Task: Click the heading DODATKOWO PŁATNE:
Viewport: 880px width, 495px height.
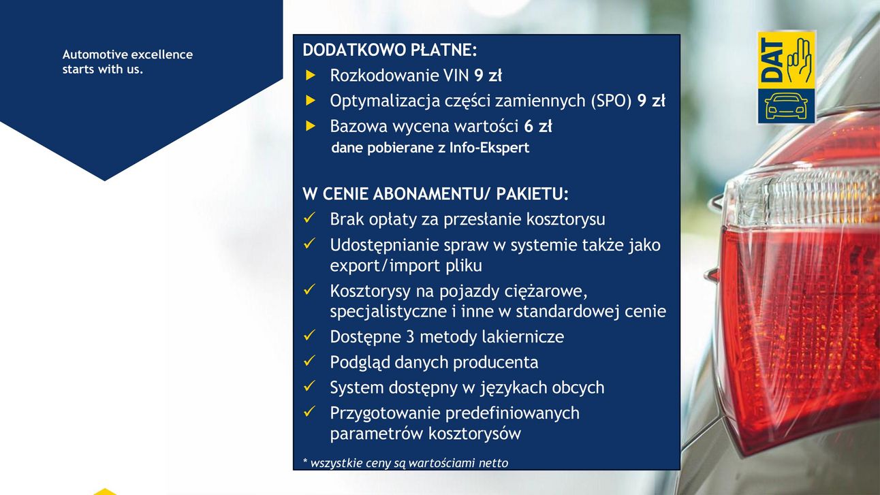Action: pyautogui.click(x=390, y=50)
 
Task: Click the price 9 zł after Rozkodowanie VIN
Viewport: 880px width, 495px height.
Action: pyautogui.click(x=488, y=76)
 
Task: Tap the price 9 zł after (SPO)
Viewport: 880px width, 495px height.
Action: pyautogui.click(x=651, y=101)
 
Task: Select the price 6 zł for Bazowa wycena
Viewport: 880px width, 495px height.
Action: pyautogui.click(x=538, y=127)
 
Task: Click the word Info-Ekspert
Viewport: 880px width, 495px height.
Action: pyautogui.click(x=489, y=148)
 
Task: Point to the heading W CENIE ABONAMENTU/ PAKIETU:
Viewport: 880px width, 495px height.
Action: pyautogui.click(x=435, y=194)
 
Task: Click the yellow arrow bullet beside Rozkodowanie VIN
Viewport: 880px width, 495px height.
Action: pyautogui.click(x=311, y=76)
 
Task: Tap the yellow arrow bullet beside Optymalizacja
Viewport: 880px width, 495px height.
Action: pyautogui.click(x=311, y=101)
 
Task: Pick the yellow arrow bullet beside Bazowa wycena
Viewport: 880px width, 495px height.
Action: pyautogui.click(x=311, y=126)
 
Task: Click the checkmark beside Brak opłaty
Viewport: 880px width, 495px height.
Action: pyautogui.click(x=310, y=218)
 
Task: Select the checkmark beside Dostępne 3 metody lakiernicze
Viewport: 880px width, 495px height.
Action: pyautogui.click(x=310, y=335)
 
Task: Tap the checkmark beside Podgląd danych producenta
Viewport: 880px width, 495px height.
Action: pyautogui.click(x=310, y=360)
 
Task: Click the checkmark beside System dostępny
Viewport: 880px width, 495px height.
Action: pyautogui.click(x=310, y=386)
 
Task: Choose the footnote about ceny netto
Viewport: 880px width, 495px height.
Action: pyautogui.click(x=405, y=463)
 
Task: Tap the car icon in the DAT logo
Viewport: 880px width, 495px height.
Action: pyautogui.click(x=786, y=106)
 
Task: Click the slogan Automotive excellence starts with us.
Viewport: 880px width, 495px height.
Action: pyautogui.click(x=127, y=62)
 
